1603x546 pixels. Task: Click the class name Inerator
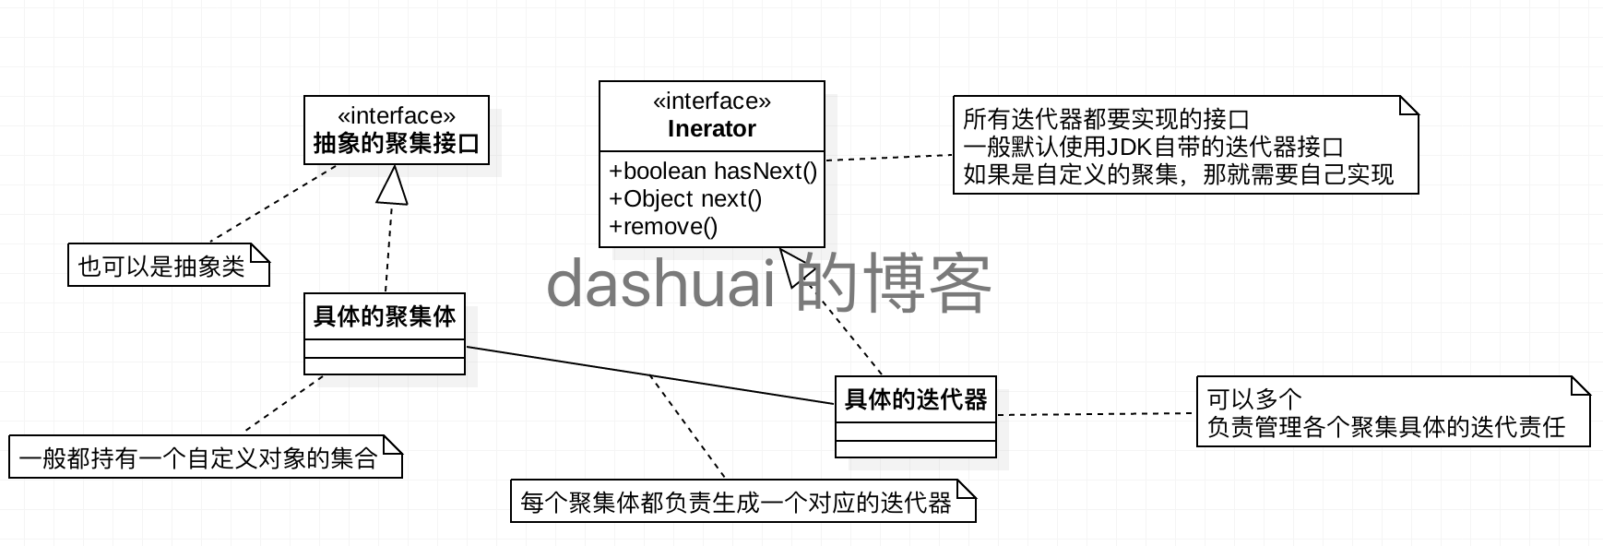pos(711,129)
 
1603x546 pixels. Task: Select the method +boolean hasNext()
pos(712,172)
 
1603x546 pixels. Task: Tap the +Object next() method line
pos(685,199)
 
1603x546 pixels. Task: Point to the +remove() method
pos(663,227)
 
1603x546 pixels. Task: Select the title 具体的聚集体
pos(385,317)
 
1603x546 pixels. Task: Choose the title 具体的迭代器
pos(916,399)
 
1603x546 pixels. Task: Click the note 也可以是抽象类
pos(162,267)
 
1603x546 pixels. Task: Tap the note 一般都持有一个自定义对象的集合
pos(198,458)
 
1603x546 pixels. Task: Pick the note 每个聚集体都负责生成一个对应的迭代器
pos(735,503)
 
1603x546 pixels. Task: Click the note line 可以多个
pos(1254,399)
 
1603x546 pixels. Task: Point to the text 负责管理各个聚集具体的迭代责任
pos(1386,427)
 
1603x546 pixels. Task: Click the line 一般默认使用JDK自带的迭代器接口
pos(1153,147)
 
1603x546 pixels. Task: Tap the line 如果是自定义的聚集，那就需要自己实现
pos(1178,174)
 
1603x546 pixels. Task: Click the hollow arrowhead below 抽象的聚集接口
pos(393,186)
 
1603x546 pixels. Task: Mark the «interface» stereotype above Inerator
pos(711,101)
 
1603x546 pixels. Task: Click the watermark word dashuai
pos(660,284)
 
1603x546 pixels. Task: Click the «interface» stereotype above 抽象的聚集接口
pos(396,115)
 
